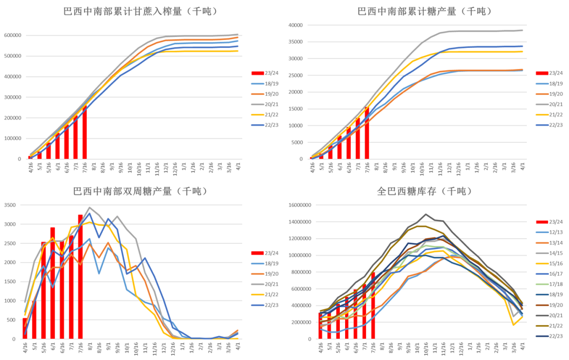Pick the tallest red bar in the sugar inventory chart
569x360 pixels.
373,305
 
